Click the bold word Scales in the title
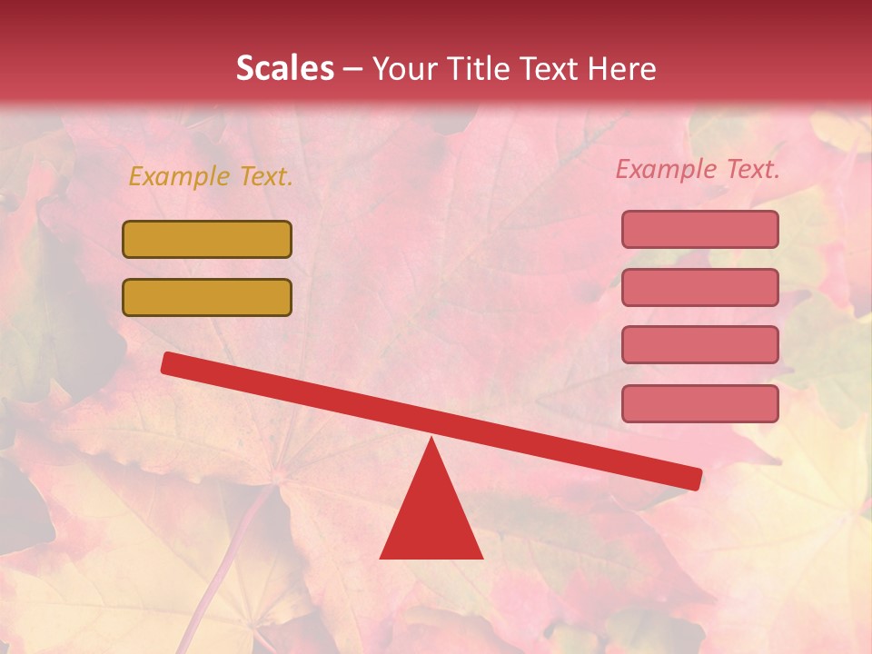(284, 69)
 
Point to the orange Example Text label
(211, 177)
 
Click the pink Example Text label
(698, 169)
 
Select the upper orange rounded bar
(207, 239)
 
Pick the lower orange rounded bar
(207, 297)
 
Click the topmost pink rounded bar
(699, 229)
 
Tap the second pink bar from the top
(699, 287)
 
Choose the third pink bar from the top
(699, 344)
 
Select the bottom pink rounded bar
(699, 403)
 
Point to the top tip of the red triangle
(431, 441)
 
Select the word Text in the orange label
(265, 177)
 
